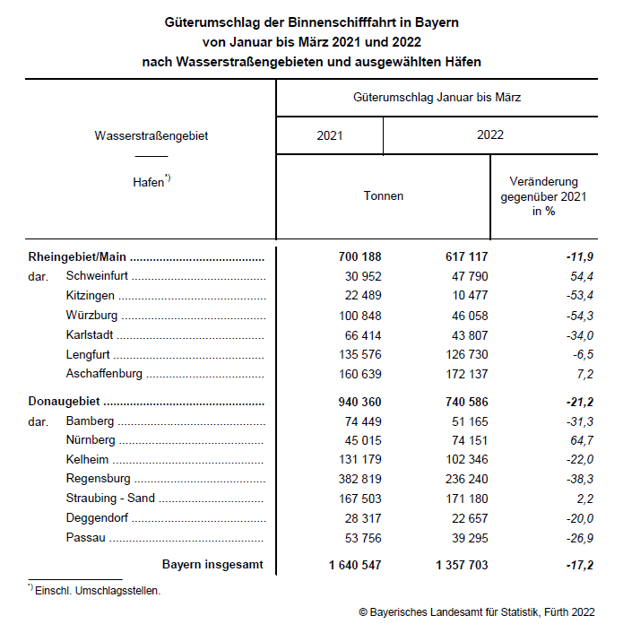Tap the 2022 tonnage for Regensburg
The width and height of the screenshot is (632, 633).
pyautogui.click(x=463, y=478)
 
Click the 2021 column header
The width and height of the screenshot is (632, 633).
pyautogui.click(x=330, y=135)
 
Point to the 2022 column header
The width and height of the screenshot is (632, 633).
pyautogui.click(x=490, y=135)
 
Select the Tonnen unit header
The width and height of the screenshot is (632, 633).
pyautogui.click(x=383, y=195)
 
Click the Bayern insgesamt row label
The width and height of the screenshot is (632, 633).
pyautogui.click(x=213, y=566)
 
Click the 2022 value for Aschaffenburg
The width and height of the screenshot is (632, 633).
pyautogui.click(x=463, y=374)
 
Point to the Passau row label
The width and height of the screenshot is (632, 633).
pyautogui.click(x=85, y=537)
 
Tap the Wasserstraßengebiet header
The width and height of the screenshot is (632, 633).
pyautogui.click(x=157, y=135)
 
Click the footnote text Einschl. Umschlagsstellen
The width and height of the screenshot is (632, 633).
pyautogui.click(x=98, y=591)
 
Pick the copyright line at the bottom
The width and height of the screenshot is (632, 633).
pyautogui.click(x=476, y=612)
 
